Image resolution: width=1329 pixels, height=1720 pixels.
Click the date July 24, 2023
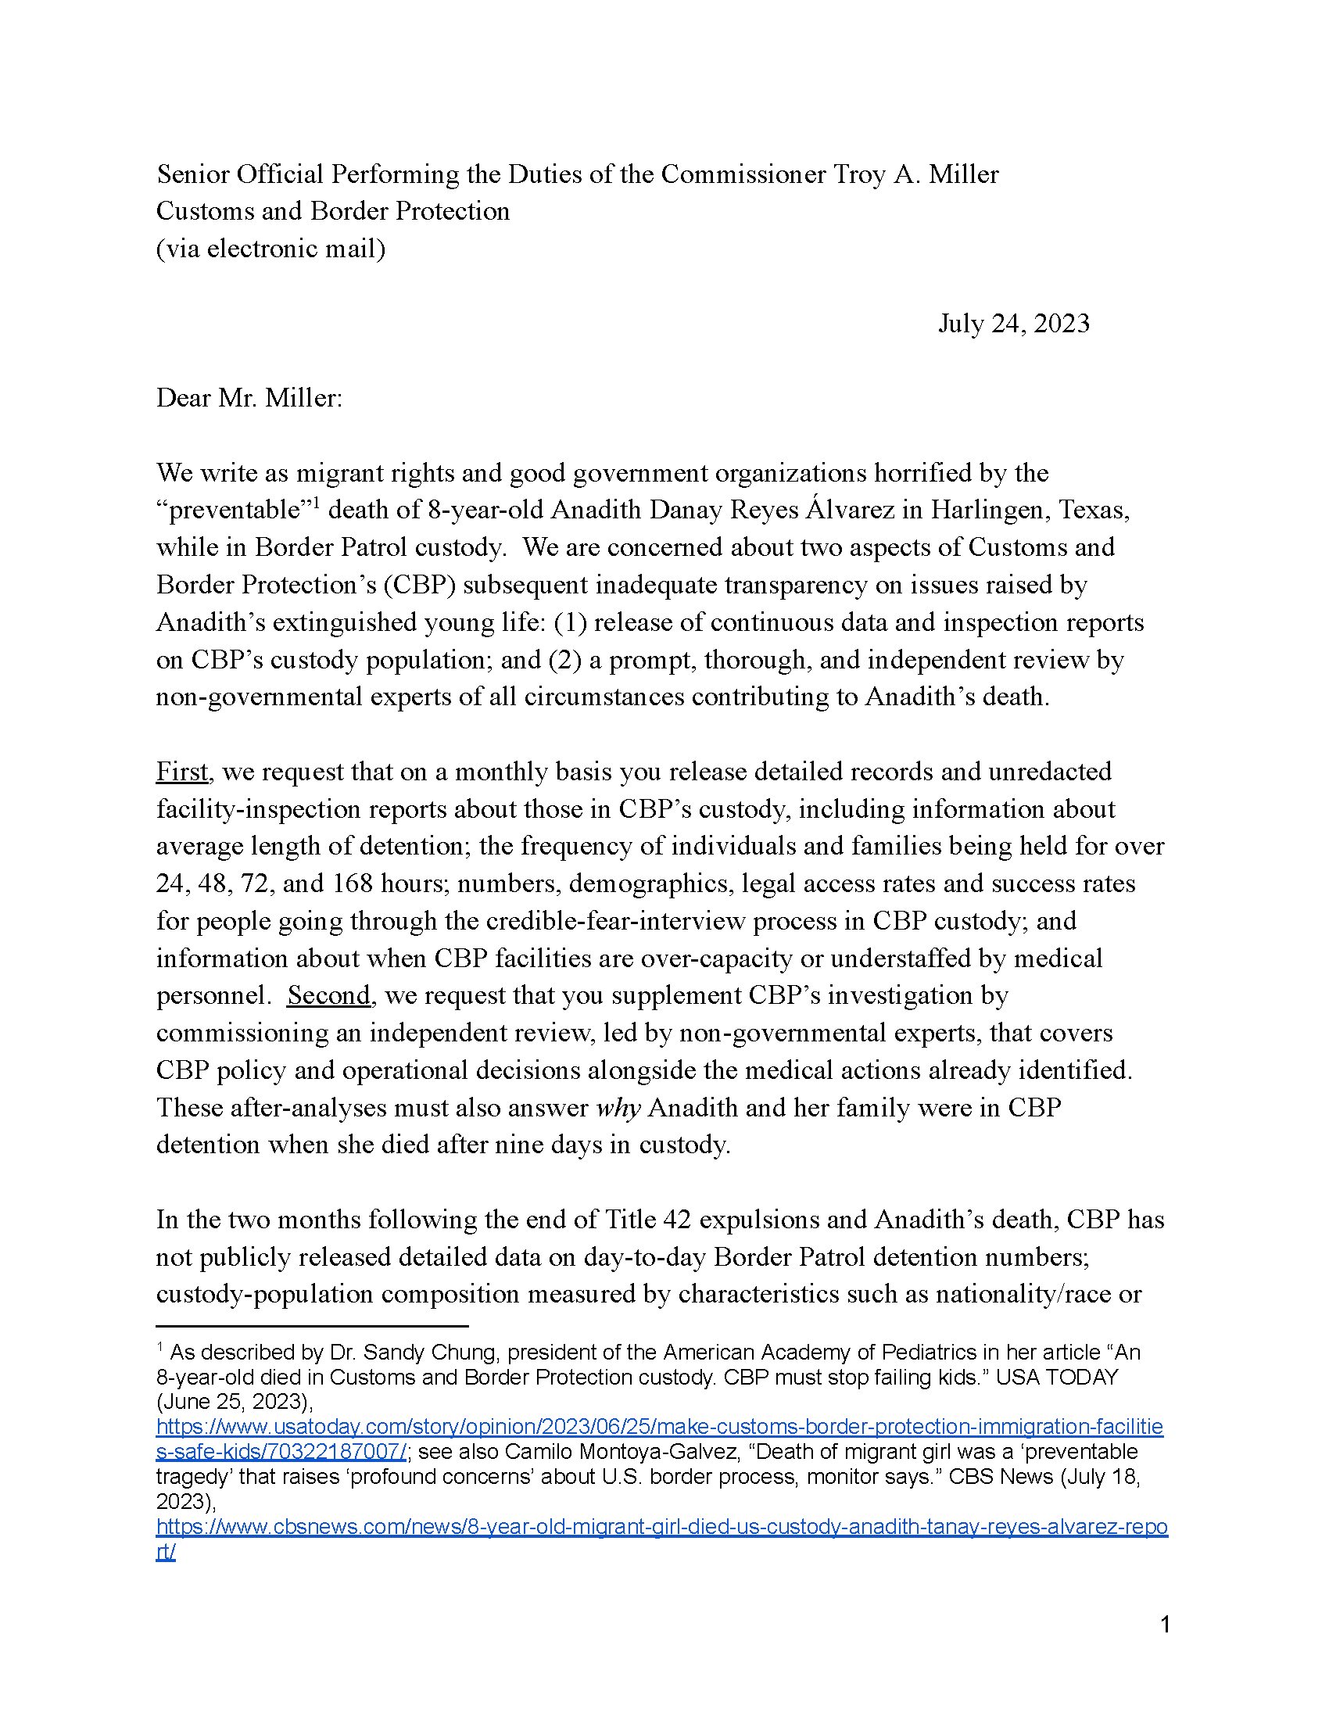[x=1013, y=324]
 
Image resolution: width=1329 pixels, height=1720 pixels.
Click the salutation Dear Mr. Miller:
[x=249, y=398]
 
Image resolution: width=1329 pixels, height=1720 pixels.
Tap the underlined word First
[x=182, y=772]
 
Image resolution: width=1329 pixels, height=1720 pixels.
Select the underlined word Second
[x=328, y=995]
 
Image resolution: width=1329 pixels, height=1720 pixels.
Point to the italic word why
[x=618, y=1108]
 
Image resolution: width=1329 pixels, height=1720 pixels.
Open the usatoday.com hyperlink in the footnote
[x=659, y=1426]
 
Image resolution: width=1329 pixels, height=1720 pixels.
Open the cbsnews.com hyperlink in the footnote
[x=661, y=1526]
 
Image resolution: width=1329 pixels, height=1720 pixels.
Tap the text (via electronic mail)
[x=270, y=249]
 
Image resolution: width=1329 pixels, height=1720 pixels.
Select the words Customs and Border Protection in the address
[x=332, y=211]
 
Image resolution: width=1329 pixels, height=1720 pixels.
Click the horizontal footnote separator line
[x=312, y=1326]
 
